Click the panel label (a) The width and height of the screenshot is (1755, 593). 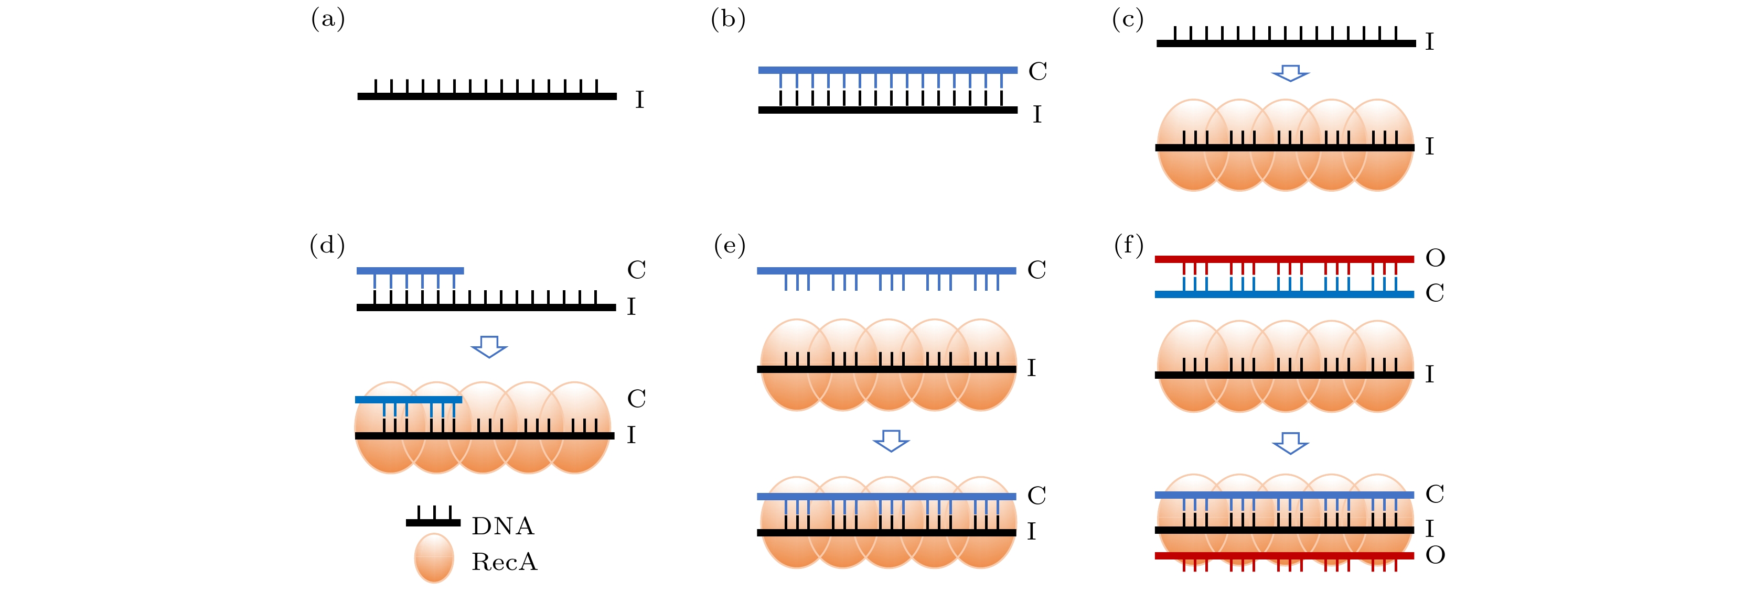pos(328,19)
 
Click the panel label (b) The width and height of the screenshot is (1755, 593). pos(727,19)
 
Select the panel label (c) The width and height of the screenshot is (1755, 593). pos(1128,19)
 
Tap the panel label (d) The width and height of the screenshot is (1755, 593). pos(327,245)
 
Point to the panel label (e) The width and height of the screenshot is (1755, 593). pos(729,245)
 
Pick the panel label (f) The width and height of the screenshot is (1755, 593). pos(1128,245)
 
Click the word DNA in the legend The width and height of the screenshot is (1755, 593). pos(503,526)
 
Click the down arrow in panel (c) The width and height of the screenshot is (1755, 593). pos(1290,73)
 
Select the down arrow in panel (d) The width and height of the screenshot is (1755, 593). pos(489,346)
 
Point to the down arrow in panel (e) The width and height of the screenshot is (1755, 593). pos(891,441)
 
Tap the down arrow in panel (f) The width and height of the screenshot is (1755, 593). pos(1290,443)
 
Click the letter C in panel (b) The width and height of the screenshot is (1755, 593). pos(1037,71)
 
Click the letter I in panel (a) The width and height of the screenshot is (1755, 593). pos(639,100)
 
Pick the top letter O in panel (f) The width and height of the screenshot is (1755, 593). pos(1435,258)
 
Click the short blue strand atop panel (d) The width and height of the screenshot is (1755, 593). pos(410,271)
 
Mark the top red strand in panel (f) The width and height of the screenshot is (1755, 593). pos(1283,259)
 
